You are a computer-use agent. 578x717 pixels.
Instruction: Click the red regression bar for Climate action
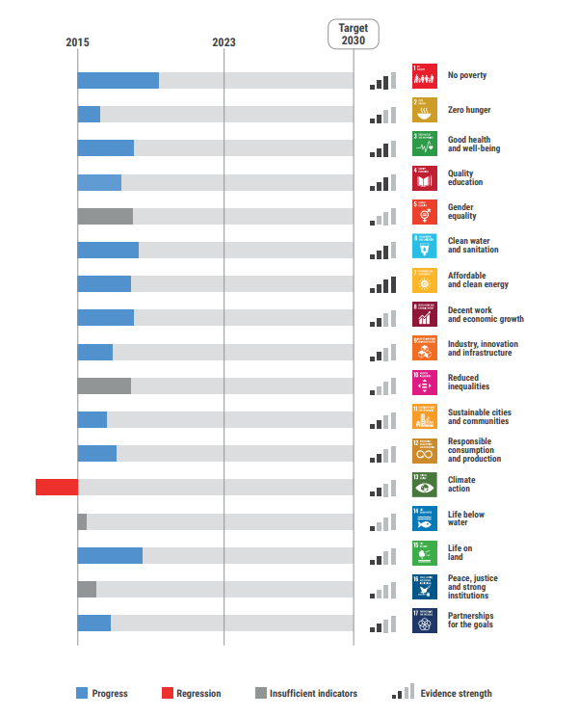pyautogui.click(x=57, y=487)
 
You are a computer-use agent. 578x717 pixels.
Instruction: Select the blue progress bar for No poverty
pyautogui.click(x=118, y=80)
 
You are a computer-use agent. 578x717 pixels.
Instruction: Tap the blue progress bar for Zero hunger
pyautogui.click(x=89, y=114)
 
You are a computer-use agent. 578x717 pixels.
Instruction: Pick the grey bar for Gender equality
pyautogui.click(x=105, y=216)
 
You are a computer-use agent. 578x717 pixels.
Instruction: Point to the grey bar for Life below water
pyautogui.click(x=82, y=521)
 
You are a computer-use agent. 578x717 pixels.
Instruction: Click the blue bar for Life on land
pyautogui.click(x=110, y=555)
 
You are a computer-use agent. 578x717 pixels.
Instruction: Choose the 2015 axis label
pyautogui.click(x=77, y=42)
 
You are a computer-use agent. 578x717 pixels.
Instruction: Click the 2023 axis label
pyautogui.click(x=223, y=42)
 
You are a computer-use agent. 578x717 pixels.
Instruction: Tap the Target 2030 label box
pyautogui.click(x=353, y=34)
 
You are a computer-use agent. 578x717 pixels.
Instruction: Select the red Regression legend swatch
pyautogui.click(x=167, y=693)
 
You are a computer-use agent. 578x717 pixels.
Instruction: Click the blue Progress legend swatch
pyautogui.click(x=82, y=693)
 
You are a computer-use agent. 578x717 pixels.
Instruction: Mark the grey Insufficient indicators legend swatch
pyautogui.click(x=260, y=693)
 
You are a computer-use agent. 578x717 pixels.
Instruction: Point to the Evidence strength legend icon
pyautogui.click(x=402, y=691)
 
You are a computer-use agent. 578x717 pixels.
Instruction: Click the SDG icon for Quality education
pyautogui.click(x=425, y=178)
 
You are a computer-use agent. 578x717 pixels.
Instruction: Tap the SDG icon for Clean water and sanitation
pyautogui.click(x=425, y=246)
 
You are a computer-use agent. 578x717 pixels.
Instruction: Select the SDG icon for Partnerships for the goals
pyautogui.click(x=425, y=619)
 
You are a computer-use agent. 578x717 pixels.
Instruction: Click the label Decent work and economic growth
pyautogui.click(x=486, y=314)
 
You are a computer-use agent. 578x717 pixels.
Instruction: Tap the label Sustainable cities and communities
pyautogui.click(x=480, y=416)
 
